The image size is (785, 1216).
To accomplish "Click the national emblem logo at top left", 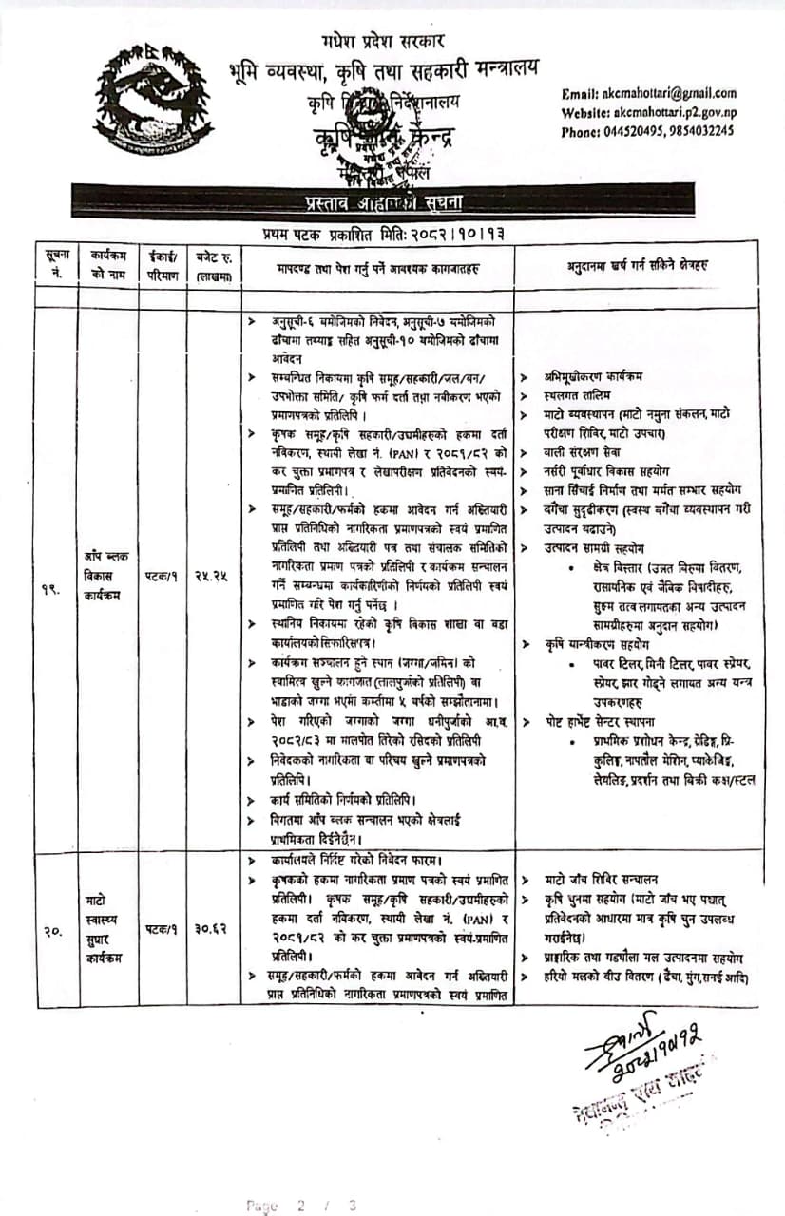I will click(x=152, y=99).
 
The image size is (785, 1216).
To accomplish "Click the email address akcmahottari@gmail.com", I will click(x=649, y=93).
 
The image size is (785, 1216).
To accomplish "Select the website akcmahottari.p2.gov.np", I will click(x=649, y=112).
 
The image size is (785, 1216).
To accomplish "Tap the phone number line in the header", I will click(x=647, y=131).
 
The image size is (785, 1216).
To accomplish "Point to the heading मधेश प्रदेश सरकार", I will click(x=383, y=42).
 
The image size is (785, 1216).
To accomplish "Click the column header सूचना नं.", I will click(x=55, y=262).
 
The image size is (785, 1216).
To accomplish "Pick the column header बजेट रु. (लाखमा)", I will click(x=214, y=262).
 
